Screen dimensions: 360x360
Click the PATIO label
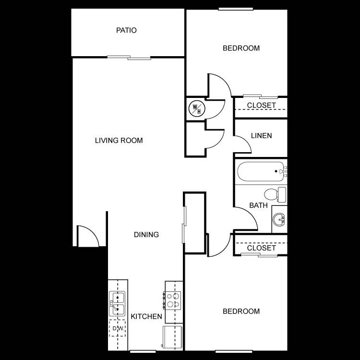coord(126,30)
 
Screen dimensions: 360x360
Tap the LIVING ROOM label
coord(119,141)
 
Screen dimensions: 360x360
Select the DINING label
coord(146,235)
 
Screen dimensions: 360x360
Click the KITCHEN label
coord(146,316)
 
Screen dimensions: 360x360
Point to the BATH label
coord(258,205)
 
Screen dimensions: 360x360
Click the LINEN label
coord(261,136)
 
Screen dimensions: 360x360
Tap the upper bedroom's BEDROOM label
coord(241,48)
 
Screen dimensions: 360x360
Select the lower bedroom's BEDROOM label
coord(241,311)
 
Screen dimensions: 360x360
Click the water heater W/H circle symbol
coord(196,108)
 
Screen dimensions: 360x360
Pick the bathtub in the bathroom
coord(260,171)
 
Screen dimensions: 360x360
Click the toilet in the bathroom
coord(275,194)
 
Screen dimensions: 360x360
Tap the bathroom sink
coord(278,219)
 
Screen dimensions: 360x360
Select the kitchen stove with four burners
coord(174,300)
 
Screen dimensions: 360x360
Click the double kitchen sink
coord(117,304)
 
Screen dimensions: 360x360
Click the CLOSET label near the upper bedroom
coord(262,105)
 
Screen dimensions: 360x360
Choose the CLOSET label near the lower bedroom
coord(262,248)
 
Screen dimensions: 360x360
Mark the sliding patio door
coord(129,58)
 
